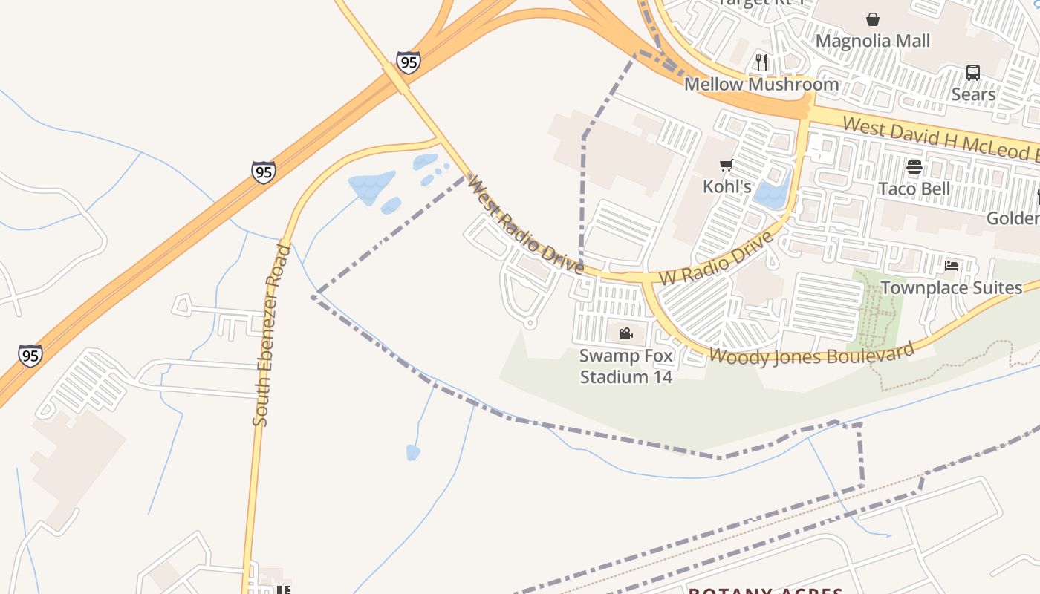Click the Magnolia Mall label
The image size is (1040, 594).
873,40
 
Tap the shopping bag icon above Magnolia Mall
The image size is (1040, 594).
873,19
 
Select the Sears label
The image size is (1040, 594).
973,94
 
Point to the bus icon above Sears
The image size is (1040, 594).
973,73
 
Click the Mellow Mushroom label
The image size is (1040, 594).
761,84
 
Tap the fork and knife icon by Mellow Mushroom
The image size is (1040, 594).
761,62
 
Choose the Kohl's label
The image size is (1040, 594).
727,186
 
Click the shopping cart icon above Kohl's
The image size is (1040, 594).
727,165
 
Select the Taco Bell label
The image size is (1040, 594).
914,189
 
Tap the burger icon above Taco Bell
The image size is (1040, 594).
914,167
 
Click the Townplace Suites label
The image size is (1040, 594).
952,287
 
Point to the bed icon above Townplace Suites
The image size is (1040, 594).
952,266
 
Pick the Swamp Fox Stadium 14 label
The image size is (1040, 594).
626,366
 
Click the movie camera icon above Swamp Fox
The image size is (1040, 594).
625,334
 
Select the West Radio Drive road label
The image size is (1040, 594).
524,224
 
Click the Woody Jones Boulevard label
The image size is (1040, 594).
810,353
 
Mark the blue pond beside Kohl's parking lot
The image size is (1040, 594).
773,191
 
